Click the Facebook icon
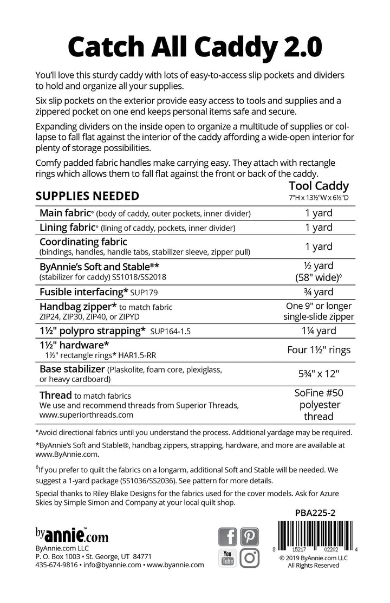[x=228, y=536]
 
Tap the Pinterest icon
[x=250, y=536]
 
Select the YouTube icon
[x=228, y=559]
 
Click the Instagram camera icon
[x=250, y=559]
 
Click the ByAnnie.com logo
[x=71, y=536]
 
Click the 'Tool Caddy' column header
[x=323, y=186]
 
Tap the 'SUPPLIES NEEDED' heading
[x=87, y=196]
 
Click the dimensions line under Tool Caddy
[x=323, y=198]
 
